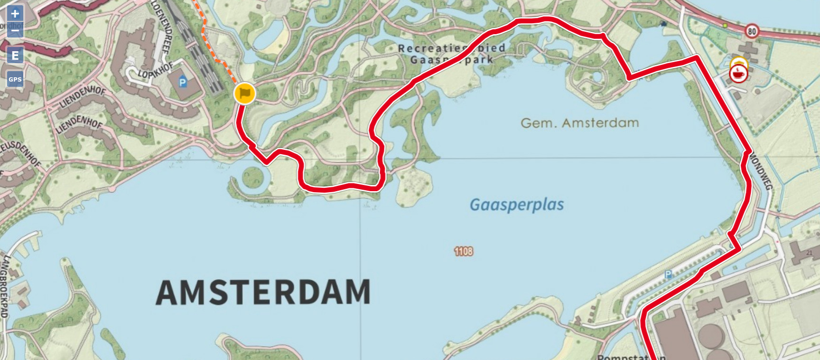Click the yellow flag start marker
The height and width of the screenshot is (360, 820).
point(244,93)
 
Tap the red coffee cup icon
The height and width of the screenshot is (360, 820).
point(738,74)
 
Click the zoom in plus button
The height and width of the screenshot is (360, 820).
point(15,13)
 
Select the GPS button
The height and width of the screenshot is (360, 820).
point(15,79)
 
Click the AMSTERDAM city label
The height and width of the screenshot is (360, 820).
point(263,292)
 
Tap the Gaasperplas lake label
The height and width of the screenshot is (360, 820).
point(516,204)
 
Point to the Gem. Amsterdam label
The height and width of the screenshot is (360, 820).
point(579,123)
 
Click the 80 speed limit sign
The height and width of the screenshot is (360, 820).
point(751,32)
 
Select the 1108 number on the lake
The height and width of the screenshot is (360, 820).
point(463,251)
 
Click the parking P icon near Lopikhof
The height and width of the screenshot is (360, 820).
point(182,83)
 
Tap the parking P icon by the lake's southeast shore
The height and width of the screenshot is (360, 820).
point(668,274)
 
